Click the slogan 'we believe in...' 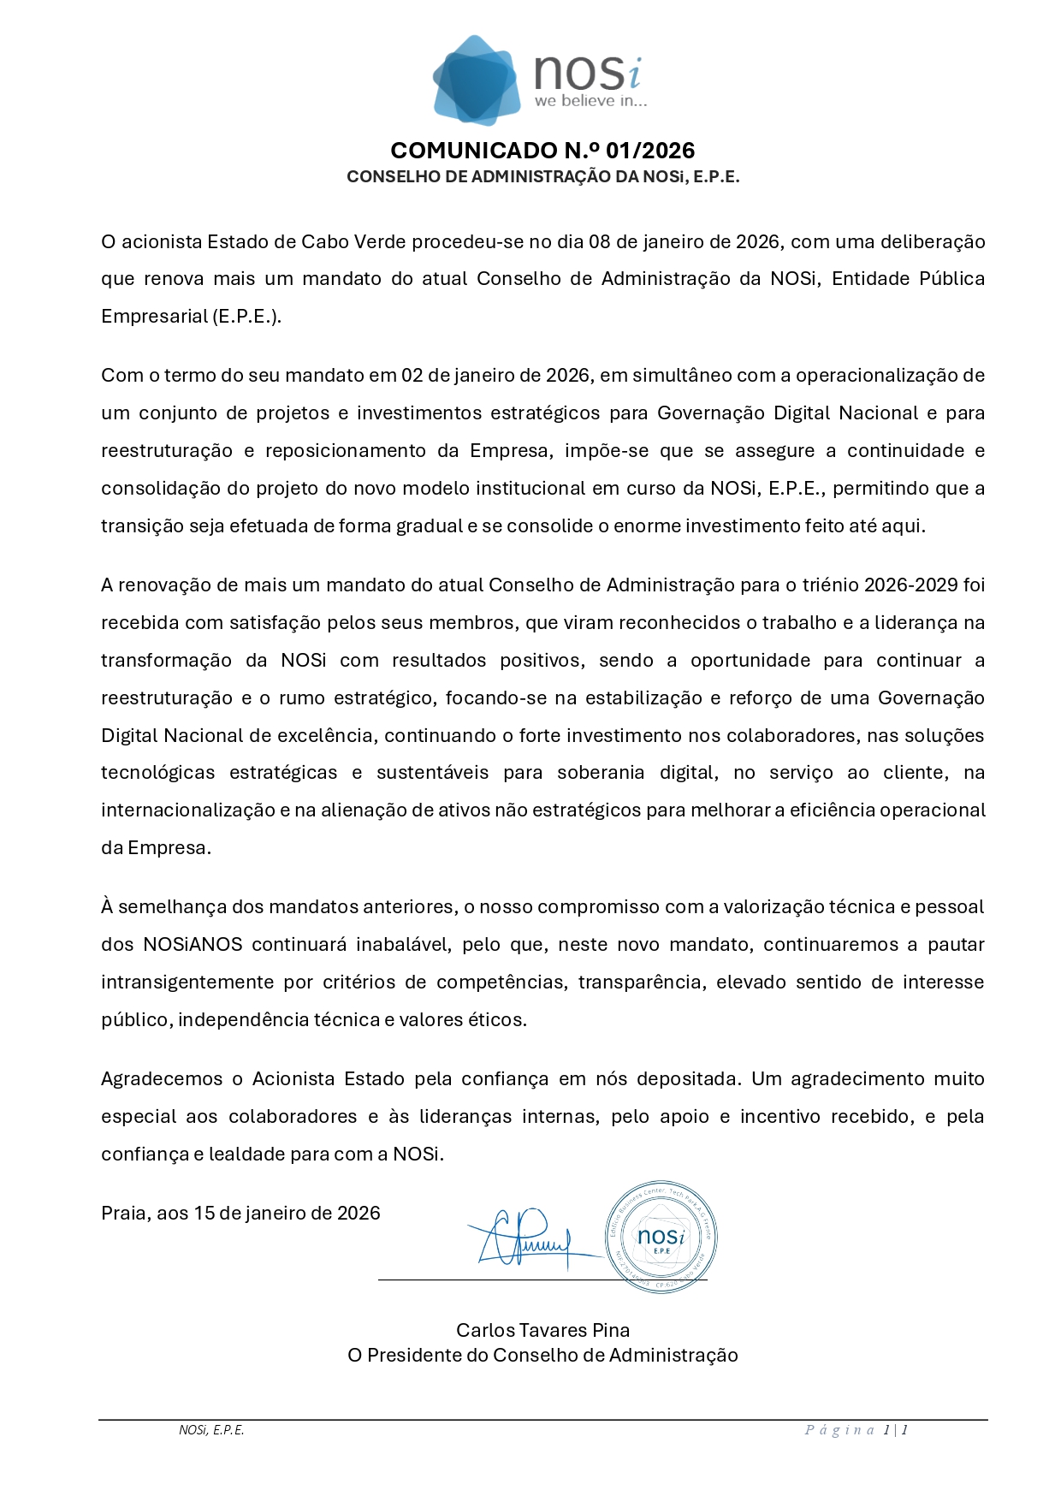[x=590, y=101]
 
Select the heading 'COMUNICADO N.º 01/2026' [x=542, y=151]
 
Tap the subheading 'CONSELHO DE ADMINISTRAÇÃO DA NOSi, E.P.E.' [x=542, y=177]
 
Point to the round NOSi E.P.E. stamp [x=661, y=1238]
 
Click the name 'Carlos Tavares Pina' [x=542, y=1330]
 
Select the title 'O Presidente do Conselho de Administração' [x=542, y=1355]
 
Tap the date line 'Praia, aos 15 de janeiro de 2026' [x=240, y=1213]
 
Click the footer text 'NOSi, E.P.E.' [x=211, y=1430]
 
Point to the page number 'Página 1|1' [x=856, y=1430]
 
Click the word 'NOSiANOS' [x=193, y=945]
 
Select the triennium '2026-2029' [x=910, y=585]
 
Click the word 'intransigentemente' [x=186, y=983]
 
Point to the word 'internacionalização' [x=187, y=810]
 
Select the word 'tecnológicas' [x=158, y=773]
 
